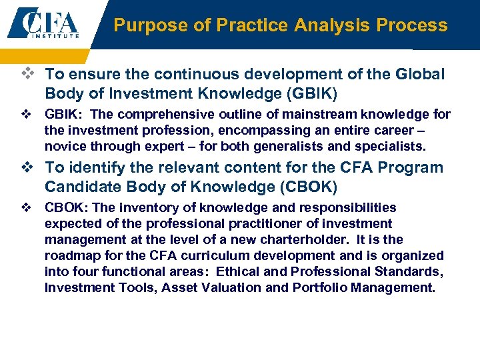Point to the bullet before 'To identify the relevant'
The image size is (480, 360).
(34, 167)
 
